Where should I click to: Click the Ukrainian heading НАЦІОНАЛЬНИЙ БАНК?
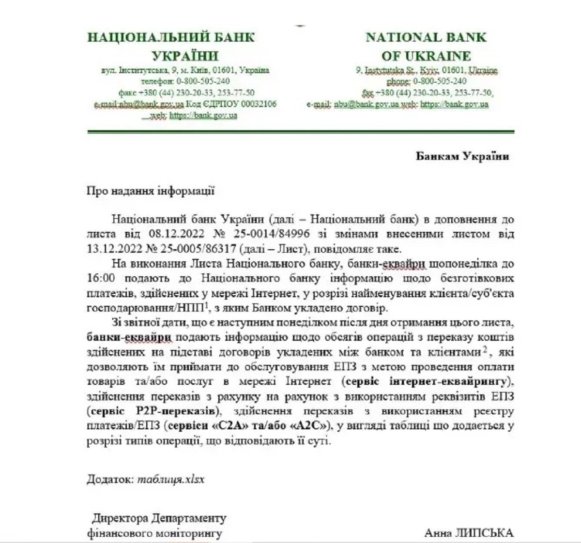click(170, 37)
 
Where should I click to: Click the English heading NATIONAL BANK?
click(426, 37)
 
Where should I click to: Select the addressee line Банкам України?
click(462, 156)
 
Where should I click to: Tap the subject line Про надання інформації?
click(150, 190)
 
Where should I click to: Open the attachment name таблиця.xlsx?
click(171, 479)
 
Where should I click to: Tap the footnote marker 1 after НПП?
click(207, 305)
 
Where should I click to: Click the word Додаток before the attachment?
click(109, 479)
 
